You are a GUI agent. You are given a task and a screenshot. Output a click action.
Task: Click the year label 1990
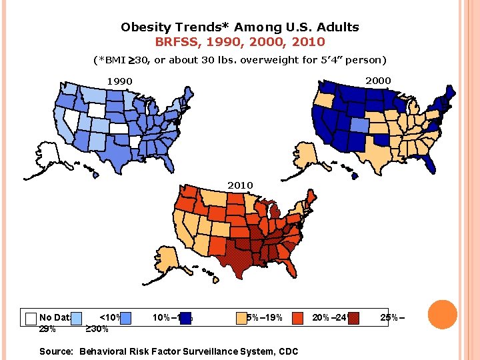pyautogui.click(x=120, y=82)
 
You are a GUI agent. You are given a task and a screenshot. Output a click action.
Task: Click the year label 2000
pyautogui.click(x=378, y=81)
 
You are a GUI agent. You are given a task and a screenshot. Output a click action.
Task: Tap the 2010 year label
pyautogui.click(x=240, y=185)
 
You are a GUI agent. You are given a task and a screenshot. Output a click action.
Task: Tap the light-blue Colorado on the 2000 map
pyautogui.click(x=358, y=125)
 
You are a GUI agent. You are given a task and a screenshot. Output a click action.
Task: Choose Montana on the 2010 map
pyautogui.click(x=215, y=199)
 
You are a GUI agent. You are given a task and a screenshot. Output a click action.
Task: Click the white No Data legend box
pyautogui.click(x=30, y=318)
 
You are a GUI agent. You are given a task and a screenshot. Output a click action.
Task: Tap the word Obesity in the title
pyautogui.click(x=143, y=27)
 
